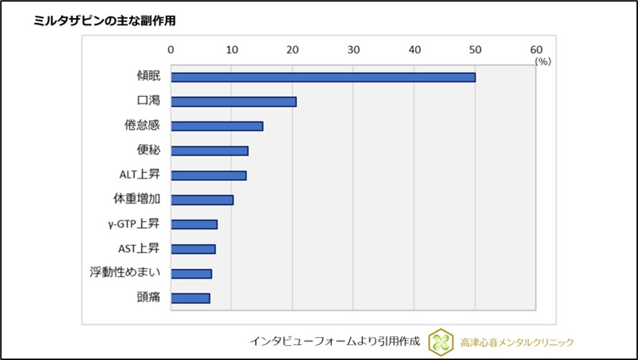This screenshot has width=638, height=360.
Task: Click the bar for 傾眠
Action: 323,77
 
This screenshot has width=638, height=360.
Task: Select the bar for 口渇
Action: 234,102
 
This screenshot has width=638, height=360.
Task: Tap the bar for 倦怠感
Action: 216,126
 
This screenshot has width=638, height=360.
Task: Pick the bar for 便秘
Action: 209,151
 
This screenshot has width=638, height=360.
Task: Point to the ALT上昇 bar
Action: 209,175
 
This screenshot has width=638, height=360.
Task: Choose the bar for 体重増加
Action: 202,200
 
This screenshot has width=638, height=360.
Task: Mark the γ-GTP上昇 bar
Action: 194,224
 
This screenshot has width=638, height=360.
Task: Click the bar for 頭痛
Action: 190,298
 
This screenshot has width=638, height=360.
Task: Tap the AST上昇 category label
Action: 138,248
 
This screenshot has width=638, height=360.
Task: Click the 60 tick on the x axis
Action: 536,49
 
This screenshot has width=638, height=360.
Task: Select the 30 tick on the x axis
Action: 353,49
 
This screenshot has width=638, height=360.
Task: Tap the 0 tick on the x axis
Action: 171,49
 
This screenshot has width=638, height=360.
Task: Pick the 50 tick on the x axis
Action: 475,49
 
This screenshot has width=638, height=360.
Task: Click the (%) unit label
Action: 543,62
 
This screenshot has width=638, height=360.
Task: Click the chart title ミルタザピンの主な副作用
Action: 105,21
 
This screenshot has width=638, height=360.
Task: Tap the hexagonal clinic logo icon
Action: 441,341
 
